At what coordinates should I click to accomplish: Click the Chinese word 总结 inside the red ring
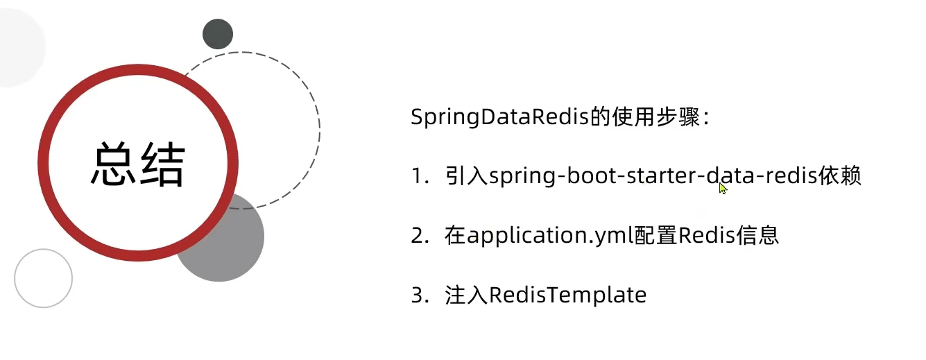(137, 164)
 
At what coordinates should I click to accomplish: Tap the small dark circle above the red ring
(218, 34)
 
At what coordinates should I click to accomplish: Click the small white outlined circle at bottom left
(44, 278)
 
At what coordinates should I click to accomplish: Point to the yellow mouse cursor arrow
(723, 188)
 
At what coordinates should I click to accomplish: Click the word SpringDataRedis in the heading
(499, 117)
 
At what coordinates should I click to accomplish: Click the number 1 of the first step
(417, 177)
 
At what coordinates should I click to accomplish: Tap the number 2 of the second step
(417, 236)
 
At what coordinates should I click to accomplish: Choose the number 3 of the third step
(417, 295)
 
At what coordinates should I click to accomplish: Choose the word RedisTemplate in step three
(568, 295)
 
